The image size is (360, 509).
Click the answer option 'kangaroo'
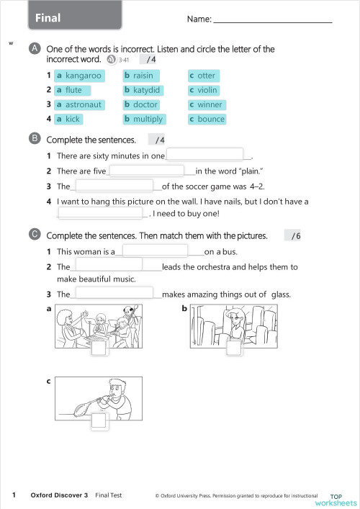(x=79, y=76)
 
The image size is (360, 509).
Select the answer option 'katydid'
(x=143, y=90)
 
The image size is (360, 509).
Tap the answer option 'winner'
(x=207, y=104)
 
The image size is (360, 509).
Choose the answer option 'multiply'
(x=145, y=119)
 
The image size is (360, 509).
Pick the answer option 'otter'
(x=204, y=76)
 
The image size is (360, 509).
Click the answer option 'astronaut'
(x=79, y=104)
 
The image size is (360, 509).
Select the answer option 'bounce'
(x=207, y=119)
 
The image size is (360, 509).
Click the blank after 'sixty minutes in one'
(x=204, y=154)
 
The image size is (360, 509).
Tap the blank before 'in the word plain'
(x=147, y=171)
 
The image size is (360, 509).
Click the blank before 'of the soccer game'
(x=114, y=185)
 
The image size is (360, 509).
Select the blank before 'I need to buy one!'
(x=100, y=213)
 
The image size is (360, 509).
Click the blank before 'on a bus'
(x=156, y=251)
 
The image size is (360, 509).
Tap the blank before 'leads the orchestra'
(x=109, y=264)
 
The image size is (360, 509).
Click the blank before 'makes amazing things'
(x=114, y=293)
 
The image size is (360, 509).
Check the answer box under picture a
(x=99, y=347)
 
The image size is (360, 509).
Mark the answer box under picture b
(x=234, y=347)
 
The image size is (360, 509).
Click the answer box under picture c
(x=99, y=420)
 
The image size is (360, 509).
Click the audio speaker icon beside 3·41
(x=112, y=60)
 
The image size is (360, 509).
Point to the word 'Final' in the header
(x=48, y=18)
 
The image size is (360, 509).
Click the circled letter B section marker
(x=35, y=139)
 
